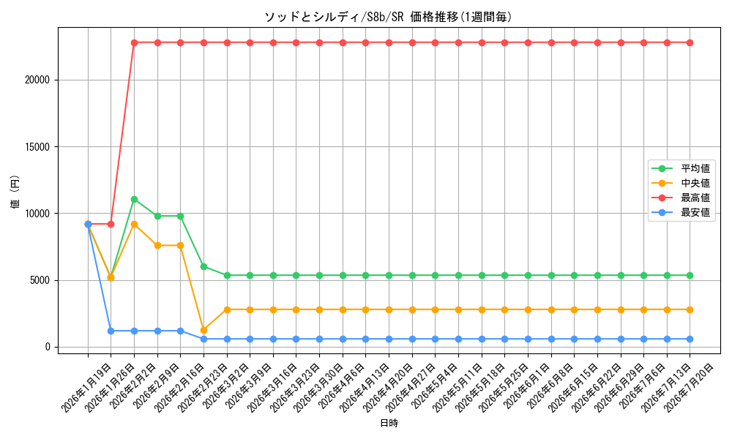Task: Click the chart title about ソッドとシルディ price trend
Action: (389, 17)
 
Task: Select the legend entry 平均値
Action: (681, 168)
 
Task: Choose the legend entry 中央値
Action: (681, 184)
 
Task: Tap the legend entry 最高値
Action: (681, 198)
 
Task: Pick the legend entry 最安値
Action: (681, 213)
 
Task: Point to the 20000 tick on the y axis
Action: (37, 80)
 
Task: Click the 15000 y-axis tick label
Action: (37, 147)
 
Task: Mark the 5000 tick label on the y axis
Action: (40, 280)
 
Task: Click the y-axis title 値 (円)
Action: (15, 192)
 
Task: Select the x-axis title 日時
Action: (389, 423)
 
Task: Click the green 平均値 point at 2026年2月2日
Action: (135, 199)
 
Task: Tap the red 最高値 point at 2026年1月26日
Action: (111, 225)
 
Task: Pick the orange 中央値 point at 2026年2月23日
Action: (203, 330)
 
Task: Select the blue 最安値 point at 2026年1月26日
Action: (111, 331)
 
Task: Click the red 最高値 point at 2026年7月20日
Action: (690, 43)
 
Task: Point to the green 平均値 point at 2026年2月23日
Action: (203, 267)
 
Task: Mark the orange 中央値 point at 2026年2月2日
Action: (135, 225)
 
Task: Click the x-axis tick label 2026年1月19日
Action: (86, 388)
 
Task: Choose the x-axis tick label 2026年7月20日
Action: (689, 388)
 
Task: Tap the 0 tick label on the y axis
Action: (47, 347)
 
